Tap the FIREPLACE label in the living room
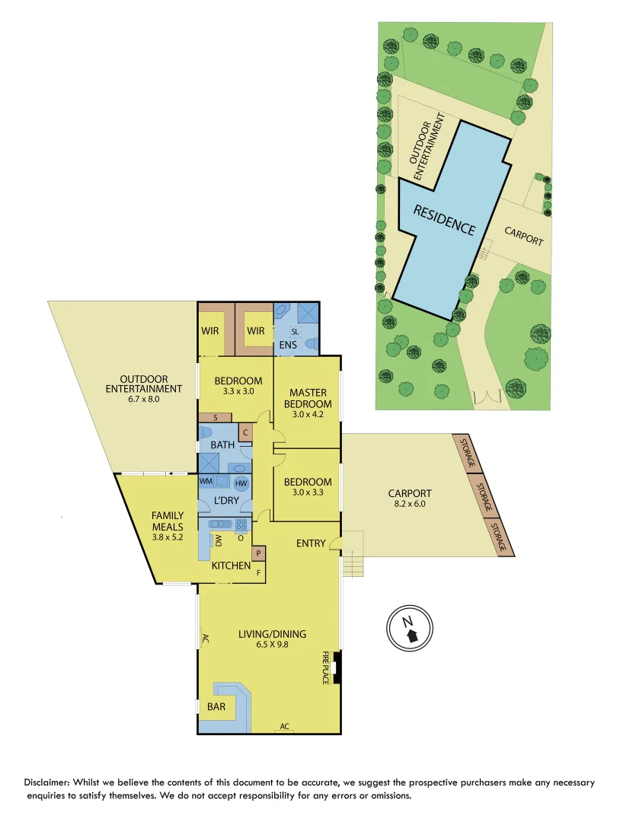pos(325,667)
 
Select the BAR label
pos(216,706)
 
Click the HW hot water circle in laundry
pos(241,483)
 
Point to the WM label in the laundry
pos(206,482)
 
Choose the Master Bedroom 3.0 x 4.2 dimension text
pos(308,415)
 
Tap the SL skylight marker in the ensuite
pos(295,332)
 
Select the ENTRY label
pos(311,543)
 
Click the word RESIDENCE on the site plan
pos(445,220)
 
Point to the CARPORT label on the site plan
pos(524,236)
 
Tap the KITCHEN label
pos(231,566)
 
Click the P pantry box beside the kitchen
pos(258,553)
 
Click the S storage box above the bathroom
pos(216,417)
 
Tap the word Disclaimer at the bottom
pos(50,782)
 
